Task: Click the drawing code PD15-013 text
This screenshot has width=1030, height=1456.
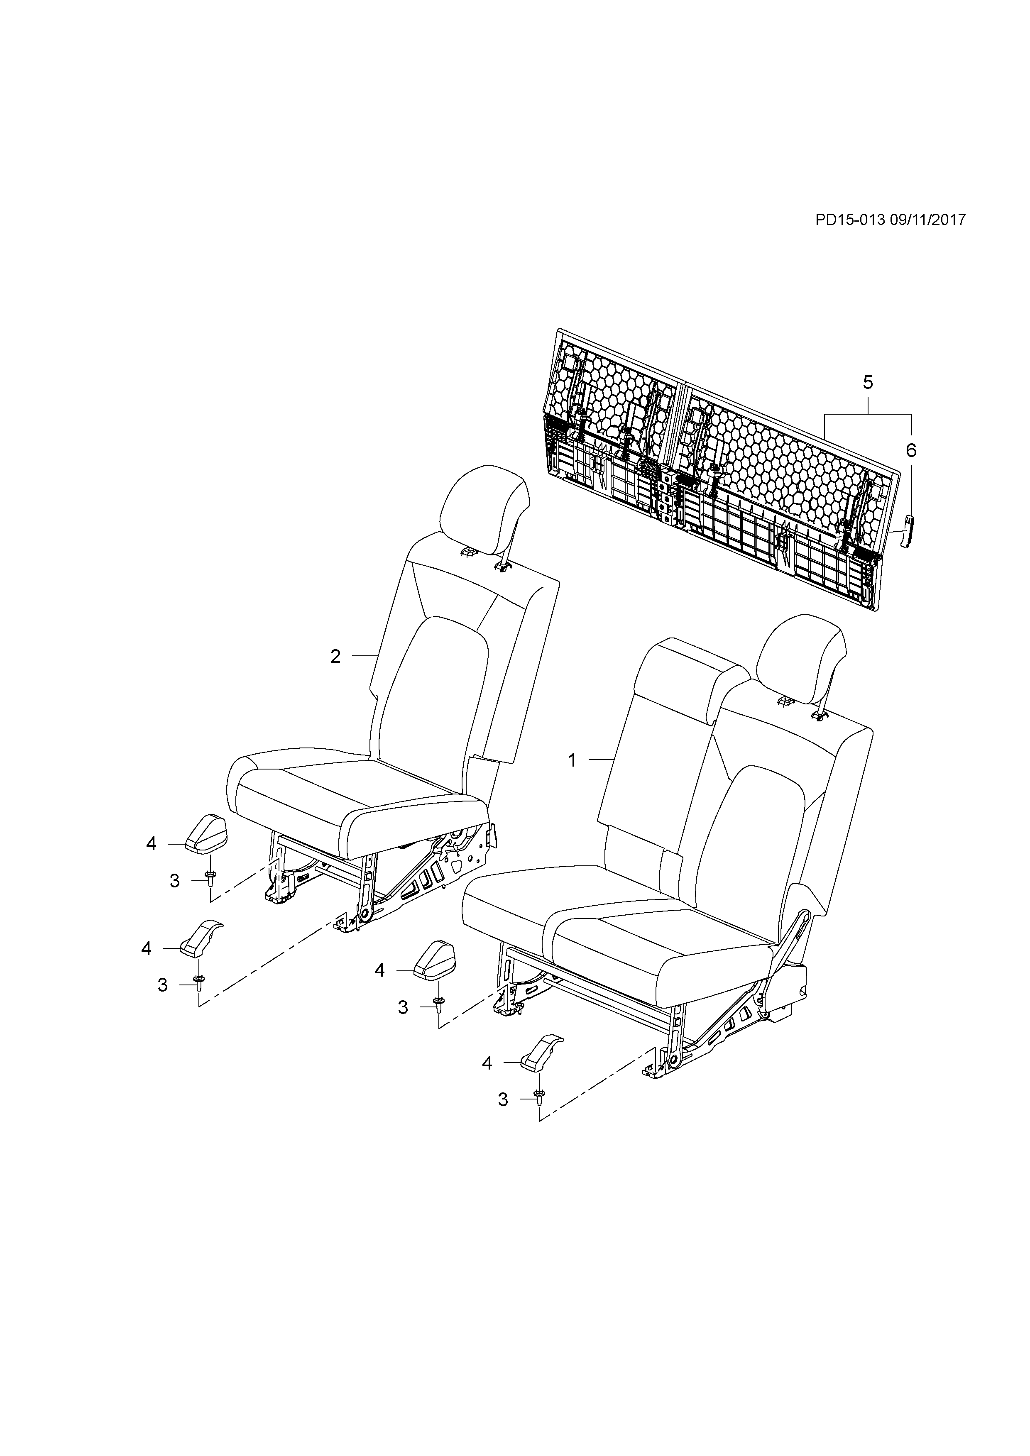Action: pyautogui.click(x=850, y=220)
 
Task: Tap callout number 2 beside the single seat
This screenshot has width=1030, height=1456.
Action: pyautogui.click(x=335, y=656)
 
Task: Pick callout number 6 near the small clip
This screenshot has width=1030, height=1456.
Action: pyautogui.click(x=911, y=450)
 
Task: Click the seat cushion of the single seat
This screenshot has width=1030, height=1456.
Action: pyautogui.click(x=355, y=793)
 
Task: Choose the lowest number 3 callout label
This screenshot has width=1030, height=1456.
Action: pyautogui.click(x=503, y=1099)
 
